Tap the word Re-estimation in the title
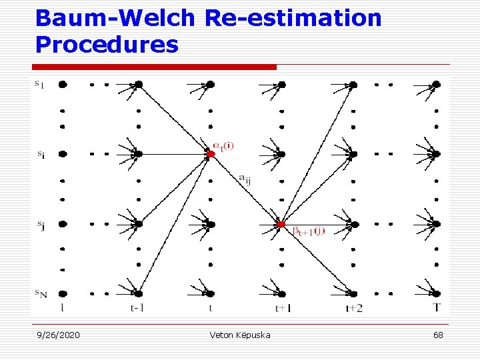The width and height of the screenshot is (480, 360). coord(293,18)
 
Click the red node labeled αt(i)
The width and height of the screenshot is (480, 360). coord(210,154)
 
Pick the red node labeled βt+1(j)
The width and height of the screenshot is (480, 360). coord(281,224)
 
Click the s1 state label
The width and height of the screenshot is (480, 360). coord(40,85)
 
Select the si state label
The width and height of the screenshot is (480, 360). coord(41,155)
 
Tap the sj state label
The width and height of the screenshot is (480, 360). coord(41,225)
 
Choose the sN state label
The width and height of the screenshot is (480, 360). coord(41,293)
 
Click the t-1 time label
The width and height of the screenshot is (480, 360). coord(138,308)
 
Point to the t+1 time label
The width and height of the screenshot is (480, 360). coord(282,308)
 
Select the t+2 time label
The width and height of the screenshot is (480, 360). coord(354,308)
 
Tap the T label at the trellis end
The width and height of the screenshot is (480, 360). coord(436,307)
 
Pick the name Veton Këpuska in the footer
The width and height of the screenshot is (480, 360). coord(240,335)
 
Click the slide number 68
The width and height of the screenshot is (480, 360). coord(438,335)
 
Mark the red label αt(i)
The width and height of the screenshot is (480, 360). coord(225,145)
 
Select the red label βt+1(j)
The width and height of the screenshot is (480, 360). coord(309,231)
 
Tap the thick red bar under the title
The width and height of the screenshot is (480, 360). coord(154,67)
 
